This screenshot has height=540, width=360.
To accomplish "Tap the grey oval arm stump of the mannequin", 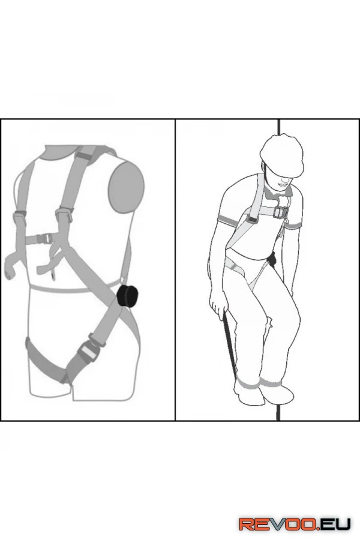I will pyautogui.click(x=127, y=185).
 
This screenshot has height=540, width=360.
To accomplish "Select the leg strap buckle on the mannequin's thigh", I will pyautogui.click(x=88, y=349).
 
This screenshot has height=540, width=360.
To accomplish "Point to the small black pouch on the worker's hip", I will pyautogui.click(x=272, y=260).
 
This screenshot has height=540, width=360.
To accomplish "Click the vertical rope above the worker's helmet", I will pyautogui.click(x=279, y=127).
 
